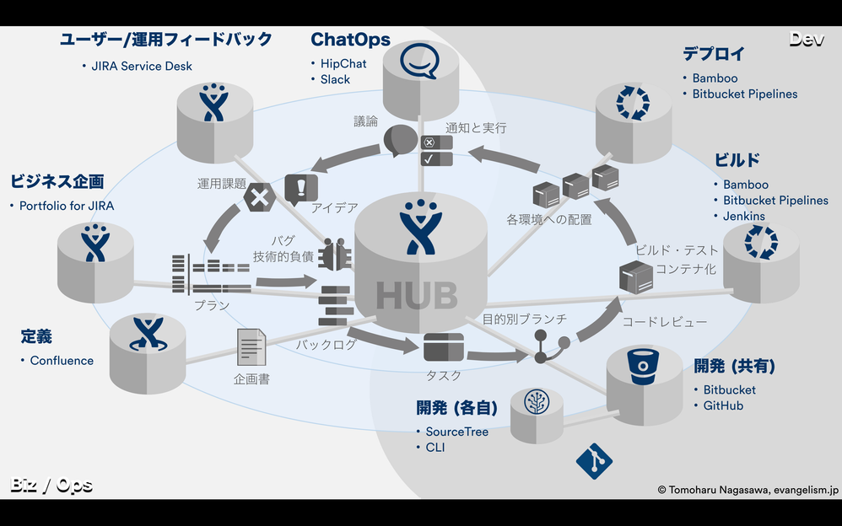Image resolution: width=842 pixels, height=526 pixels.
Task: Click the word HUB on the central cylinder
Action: [x=417, y=295]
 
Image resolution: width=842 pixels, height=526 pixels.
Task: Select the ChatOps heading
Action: [x=350, y=40]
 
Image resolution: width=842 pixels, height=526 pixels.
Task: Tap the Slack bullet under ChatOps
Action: [x=335, y=79]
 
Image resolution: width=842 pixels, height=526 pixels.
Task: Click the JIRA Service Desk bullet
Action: [x=142, y=66]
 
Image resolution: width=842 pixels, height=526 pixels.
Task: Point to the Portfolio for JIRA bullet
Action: [x=67, y=206]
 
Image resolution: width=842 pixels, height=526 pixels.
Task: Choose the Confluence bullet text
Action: [x=62, y=361]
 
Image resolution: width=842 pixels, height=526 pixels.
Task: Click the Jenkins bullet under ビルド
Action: [x=744, y=217]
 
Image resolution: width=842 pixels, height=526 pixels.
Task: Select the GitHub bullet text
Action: [x=723, y=405]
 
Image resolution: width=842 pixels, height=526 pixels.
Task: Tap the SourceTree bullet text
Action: [x=456, y=432]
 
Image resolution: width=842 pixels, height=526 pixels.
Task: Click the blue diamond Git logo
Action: [x=594, y=461]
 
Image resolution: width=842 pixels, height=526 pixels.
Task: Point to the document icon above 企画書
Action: [x=251, y=346]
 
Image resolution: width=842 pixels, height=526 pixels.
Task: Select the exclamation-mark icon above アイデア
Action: [x=300, y=188]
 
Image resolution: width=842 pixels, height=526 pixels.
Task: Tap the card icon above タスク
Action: [x=443, y=347]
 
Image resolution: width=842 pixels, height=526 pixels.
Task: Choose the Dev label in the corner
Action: [x=807, y=39]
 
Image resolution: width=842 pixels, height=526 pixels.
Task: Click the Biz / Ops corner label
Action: [x=51, y=486]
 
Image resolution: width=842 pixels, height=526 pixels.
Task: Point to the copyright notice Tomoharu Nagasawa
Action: [x=748, y=489]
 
